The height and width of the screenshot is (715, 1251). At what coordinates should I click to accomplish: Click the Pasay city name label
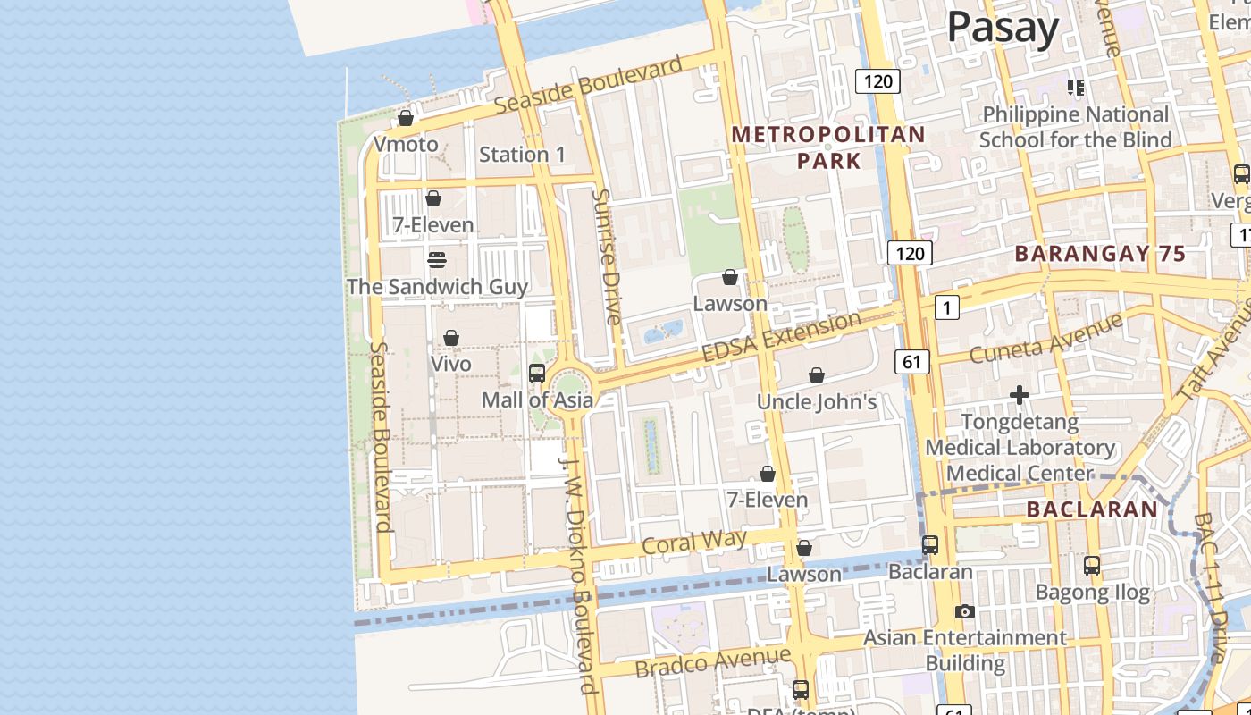tap(1003, 27)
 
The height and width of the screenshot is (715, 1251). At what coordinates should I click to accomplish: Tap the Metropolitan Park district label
tap(828, 147)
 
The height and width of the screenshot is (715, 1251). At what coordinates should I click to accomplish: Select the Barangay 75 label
tap(1100, 254)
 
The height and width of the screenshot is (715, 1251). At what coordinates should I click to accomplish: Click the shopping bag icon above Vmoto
tap(406, 118)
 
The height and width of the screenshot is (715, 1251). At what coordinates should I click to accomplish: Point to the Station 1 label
tap(522, 155)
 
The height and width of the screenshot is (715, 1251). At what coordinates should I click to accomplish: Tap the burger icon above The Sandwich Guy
tap(437, 260)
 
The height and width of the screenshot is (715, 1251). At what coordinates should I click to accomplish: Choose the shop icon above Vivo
tap(451, 338)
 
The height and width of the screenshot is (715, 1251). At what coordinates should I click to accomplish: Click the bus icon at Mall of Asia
tap(537, 374)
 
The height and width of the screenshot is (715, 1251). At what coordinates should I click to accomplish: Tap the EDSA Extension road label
tap(782, 336)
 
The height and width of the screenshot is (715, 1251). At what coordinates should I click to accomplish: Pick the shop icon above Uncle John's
tap(816, 375)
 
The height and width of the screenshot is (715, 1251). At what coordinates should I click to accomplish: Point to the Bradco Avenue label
tap(712, 662)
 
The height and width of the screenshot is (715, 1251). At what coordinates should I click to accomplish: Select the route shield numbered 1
tap(946, 308)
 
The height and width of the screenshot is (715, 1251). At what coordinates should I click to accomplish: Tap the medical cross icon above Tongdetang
tap(1019, 394)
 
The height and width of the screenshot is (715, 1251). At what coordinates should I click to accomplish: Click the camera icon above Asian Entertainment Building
tap(964, 612)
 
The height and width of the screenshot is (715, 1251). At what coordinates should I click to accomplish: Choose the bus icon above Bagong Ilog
tap(1091, 566)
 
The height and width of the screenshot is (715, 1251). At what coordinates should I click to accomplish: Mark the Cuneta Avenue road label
tap(1045, 341)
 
